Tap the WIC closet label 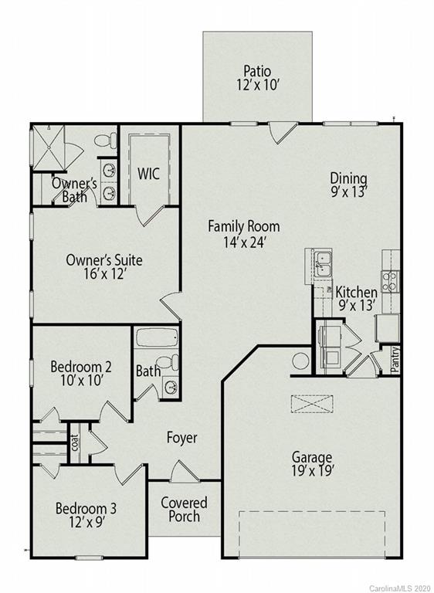tap(148, 174)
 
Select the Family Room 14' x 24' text tap(243, 234)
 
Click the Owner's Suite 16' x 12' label tap(104, 266)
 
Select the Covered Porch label tap(184, 510)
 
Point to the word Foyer tap(182, 438)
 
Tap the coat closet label tap(75, 443)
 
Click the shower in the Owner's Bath tap(50, 148)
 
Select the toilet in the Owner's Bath tap(105, 141)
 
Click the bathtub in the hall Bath tap(157, 340)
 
